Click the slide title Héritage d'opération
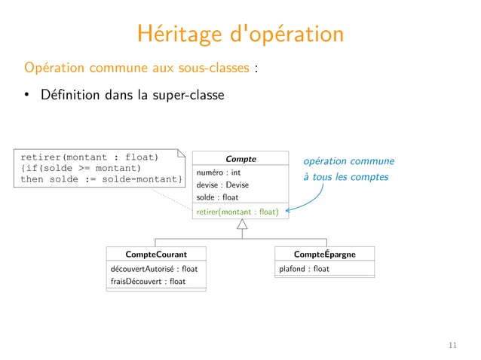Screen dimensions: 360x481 click(x=240, y=35)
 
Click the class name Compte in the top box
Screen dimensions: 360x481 click(x=240, y=159)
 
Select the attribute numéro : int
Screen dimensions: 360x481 click(x=218, y=172)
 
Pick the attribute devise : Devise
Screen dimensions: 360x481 click(x=222, y=185)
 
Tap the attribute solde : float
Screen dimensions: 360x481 click(x=217, y=198)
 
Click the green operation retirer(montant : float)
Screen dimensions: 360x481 click(x=237, y=212)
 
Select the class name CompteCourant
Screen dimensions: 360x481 click(x=156, y=255)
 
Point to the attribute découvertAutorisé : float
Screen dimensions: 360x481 click(x=149, y=269)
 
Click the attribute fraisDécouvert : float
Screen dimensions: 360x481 click(x=147, y=282)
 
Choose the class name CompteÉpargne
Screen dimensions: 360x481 click(x=324, y=255)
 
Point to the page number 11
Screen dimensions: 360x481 click(x=452, y=345)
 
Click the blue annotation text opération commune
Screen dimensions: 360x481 click(x=348, y=161)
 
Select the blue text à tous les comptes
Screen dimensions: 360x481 click(x=345, y=178)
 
